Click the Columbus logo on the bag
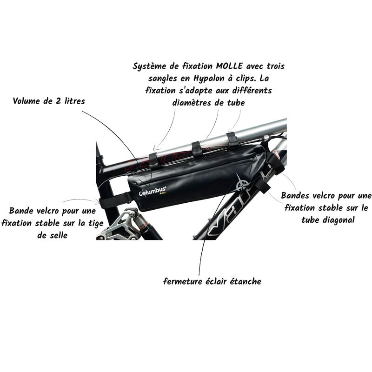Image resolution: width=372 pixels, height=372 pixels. click(x=153, y=191)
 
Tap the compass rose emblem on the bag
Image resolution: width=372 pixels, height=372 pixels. click(x=242, y=183)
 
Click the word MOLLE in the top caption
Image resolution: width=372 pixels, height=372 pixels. click(x=229, y=66)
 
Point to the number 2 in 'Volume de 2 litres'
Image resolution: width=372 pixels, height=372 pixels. click(x=58, y=101)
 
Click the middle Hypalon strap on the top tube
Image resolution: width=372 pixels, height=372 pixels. click(x=197, y=149)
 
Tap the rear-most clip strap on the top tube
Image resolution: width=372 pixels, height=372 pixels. click(x=154, y=161)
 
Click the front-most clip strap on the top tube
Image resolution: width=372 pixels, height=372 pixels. click(x=232, y=140)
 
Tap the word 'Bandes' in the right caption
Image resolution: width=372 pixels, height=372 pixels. click(x=295, y=195)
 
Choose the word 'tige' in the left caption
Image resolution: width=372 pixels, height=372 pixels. click(x=96, y=223)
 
